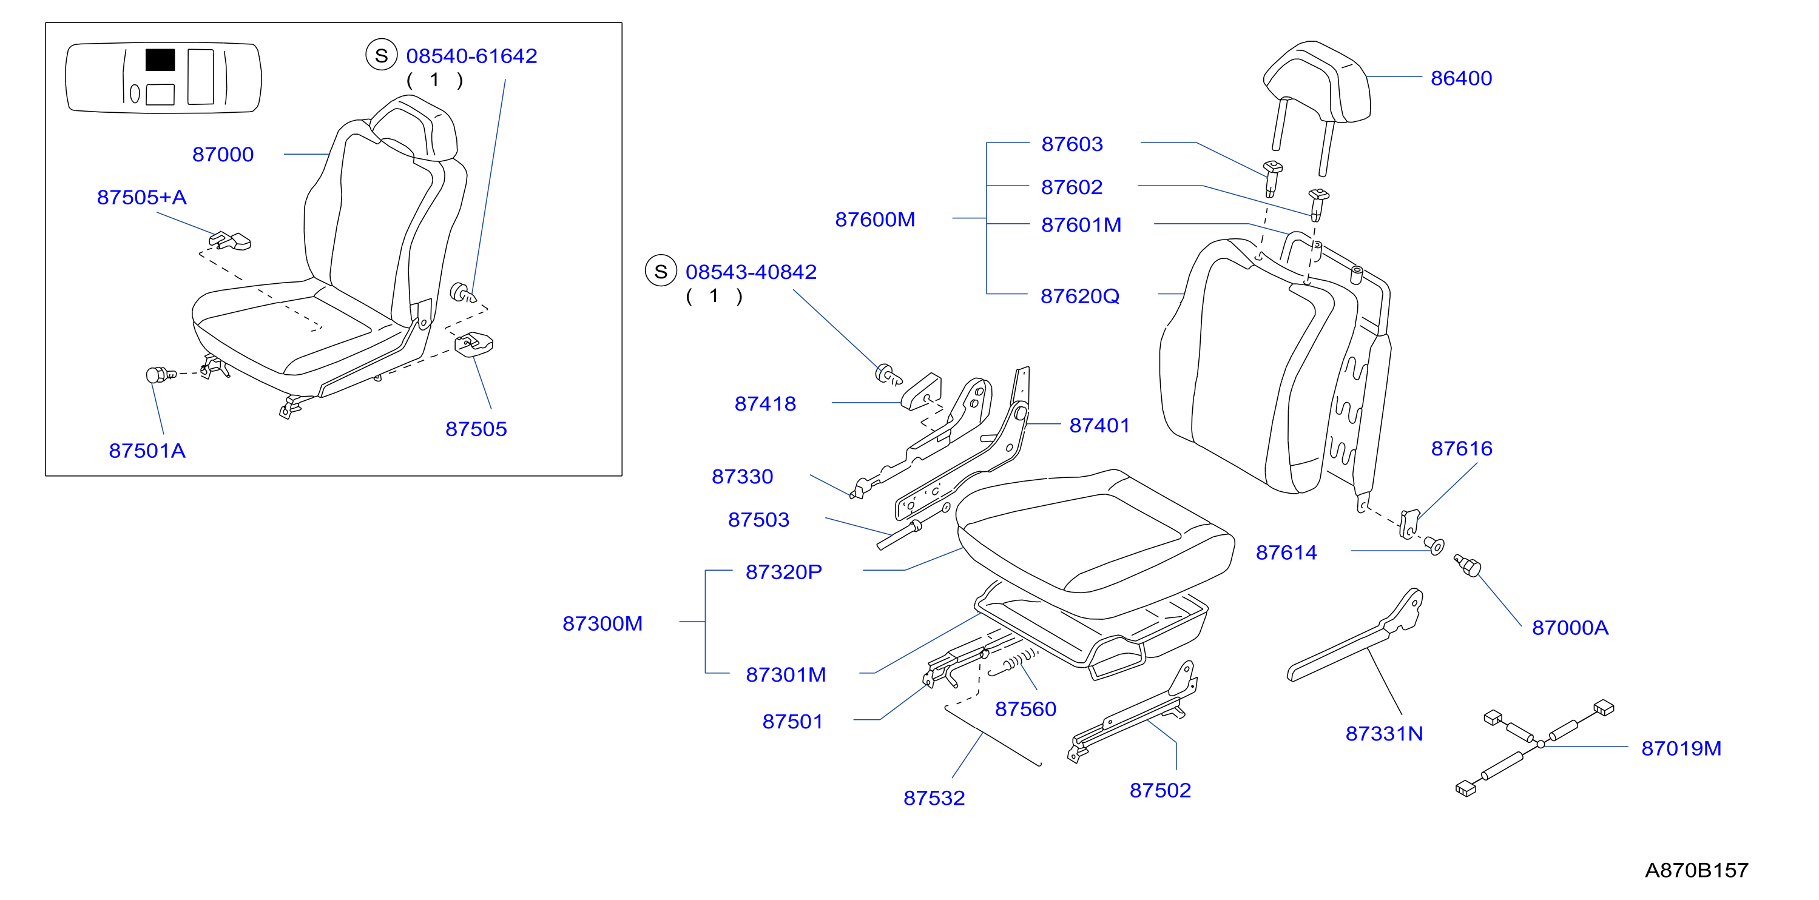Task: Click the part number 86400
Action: click(x=1461, y=78)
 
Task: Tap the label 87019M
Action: click(x=1681, y=748)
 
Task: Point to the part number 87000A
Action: click(x=1570, y=628)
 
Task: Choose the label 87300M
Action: click(x=602, y=623)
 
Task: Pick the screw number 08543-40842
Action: click(x=751, y=272)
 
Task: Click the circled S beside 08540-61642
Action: click(x=381, y=55)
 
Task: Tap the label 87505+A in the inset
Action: click(x=142, y=197)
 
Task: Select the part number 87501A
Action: click(x=147, y=451)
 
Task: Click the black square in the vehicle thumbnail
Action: click(x=160, y=60)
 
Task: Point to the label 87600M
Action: click(x=875, y=220)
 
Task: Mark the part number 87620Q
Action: click(x=1079, y=296)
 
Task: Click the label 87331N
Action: click(x=1384, y=733)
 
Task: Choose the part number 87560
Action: click(x=1025, y=709)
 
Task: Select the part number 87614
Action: click(x=1286, y=552)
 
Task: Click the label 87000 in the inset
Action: click(x=223, y=155)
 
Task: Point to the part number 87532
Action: click(x=934, y=798)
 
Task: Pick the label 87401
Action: click(x=1099, y=425)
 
